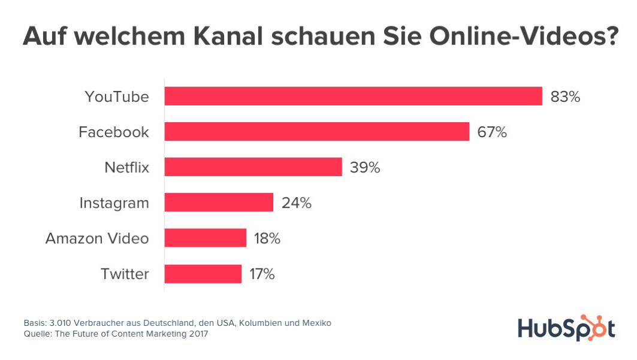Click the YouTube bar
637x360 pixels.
353,96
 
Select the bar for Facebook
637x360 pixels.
316,132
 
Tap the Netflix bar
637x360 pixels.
253,167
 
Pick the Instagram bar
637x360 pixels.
219,202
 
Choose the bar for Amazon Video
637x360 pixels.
205,238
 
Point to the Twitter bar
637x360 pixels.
203,274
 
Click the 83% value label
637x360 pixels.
565,96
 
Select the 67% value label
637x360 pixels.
492,132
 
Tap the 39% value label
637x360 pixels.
365,167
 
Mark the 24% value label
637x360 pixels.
296,202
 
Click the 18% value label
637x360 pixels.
267,238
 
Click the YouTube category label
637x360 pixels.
116,96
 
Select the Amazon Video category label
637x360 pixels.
97,238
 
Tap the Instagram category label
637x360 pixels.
114,202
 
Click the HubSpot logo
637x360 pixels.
566,328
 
